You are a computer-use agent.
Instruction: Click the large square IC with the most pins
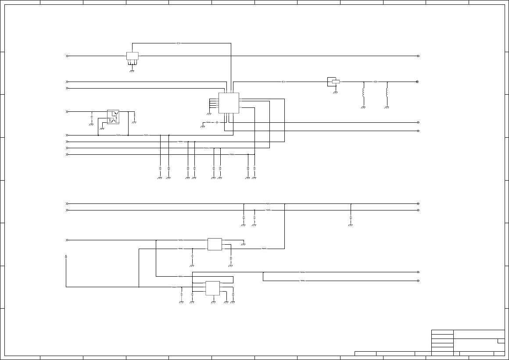point(229,103)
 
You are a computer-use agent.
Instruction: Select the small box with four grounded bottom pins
point(133,56)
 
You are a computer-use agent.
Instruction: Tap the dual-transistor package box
point(113,117)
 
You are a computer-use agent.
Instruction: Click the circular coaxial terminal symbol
point(417,82)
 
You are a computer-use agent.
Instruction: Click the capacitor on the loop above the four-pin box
point(179,43)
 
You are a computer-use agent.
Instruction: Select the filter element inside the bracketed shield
point(336,82)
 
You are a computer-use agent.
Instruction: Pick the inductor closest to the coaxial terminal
point(387,93)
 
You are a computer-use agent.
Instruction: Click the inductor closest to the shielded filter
point(363,93)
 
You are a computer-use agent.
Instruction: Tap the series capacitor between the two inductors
point(376,82)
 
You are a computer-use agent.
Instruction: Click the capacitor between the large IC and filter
point(284,82)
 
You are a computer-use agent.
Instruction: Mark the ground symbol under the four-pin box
point(132,70)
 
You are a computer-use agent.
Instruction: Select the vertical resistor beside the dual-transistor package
point(134,117)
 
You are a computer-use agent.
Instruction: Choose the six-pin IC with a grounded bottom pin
point(213,288)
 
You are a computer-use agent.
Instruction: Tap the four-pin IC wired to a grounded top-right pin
point(215,244)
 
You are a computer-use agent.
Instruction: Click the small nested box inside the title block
point(501,341)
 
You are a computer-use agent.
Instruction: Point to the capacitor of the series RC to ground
point(217,122)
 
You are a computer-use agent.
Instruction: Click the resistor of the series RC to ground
point(208,122)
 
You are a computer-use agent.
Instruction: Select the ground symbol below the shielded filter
point(336,93)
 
